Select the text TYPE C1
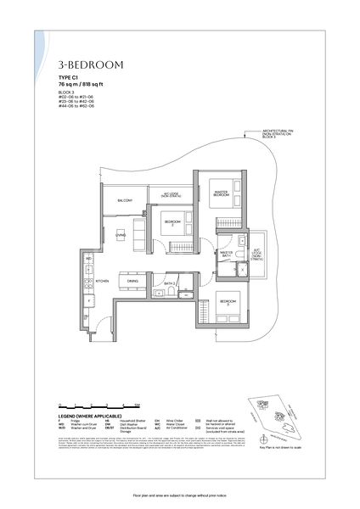pyautogui.click(x=69, y=76)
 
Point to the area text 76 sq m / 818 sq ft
pyautogui.click(x=86, y=83)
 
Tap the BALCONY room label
pyautogui.click(x=125, y=200)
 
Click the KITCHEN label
pyautogui.click(x=101, y=280)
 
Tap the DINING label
pyautogui.click(x=132, y=280)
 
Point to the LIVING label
pyautogui.click(x=121, y=235)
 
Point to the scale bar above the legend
pyautogui.click(x=93, y=409)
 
